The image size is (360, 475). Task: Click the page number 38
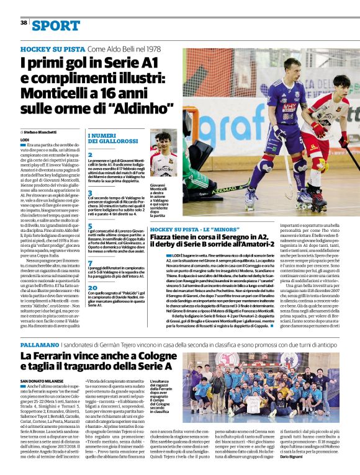point(24,22)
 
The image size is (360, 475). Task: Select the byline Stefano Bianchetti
point(40,132)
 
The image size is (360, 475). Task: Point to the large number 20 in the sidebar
point(92,288)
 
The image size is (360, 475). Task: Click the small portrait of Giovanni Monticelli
point(163,156)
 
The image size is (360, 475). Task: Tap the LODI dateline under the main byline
point(25,140)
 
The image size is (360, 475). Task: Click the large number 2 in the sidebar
point(90,154)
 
